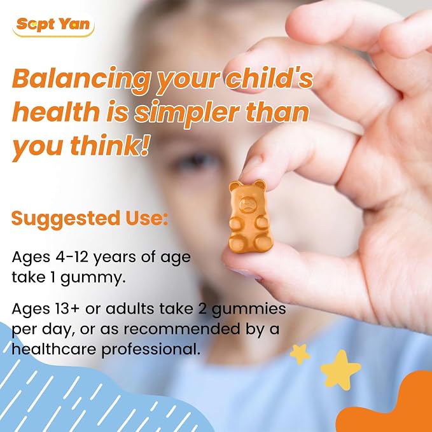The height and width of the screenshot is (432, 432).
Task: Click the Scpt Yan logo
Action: tap(53, 25)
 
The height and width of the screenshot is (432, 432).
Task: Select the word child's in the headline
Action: tap(269, 78)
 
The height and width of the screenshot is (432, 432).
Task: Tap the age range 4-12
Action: tap(72, 257)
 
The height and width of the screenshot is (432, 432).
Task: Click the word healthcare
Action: tap(53, 349)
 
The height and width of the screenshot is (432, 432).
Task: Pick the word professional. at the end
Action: tap(151, 350)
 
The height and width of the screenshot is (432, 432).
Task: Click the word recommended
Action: tap(182, 329)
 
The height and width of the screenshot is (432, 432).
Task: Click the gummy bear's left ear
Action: tap(235, 185)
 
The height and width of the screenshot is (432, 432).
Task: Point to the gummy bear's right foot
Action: tap(264, 244)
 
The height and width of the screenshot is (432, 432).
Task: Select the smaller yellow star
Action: tap(300, 354)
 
